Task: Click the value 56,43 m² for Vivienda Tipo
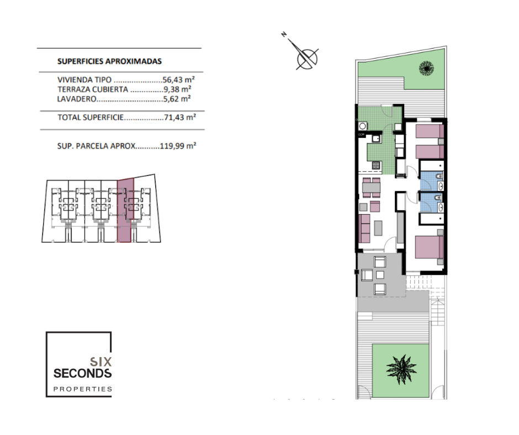178,80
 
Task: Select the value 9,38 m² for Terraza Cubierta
177,89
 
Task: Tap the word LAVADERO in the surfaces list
77,99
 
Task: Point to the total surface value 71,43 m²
180,117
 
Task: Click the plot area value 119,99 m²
178,146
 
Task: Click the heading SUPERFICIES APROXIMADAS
109,61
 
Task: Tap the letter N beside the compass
284,34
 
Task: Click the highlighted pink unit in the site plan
125,210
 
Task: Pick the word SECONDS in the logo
82,373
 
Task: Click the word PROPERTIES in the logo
83,389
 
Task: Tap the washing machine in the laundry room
362,126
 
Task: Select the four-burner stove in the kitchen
376,165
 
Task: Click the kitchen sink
376,139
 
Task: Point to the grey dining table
372,188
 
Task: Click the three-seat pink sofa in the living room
364,229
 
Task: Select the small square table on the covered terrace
380,275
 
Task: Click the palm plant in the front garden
401,369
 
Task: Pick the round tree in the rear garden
426,68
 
